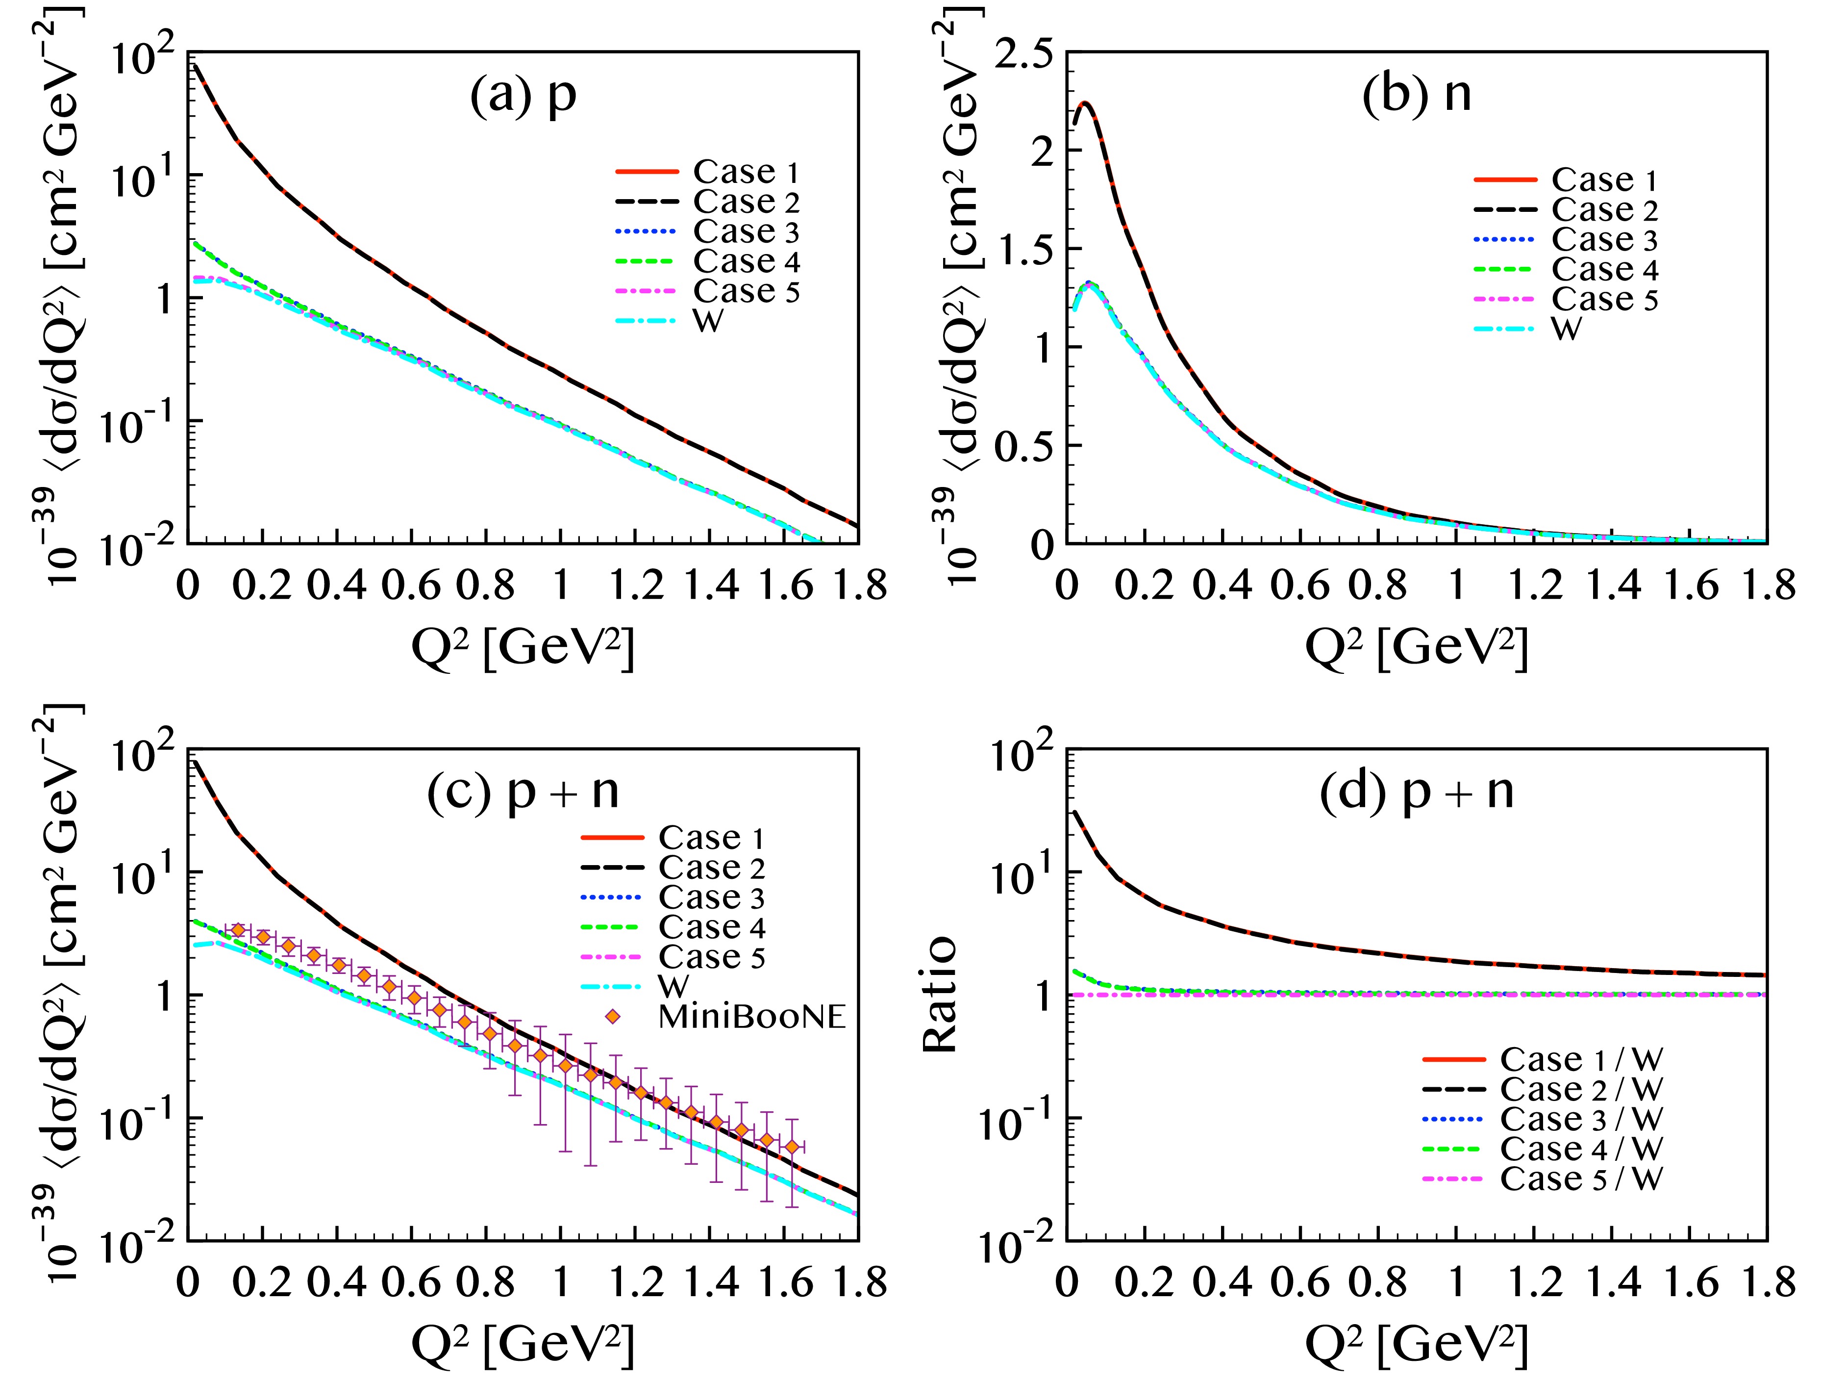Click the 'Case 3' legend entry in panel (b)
1604,240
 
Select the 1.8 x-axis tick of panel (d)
1765,1282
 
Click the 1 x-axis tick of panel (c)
561,1282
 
